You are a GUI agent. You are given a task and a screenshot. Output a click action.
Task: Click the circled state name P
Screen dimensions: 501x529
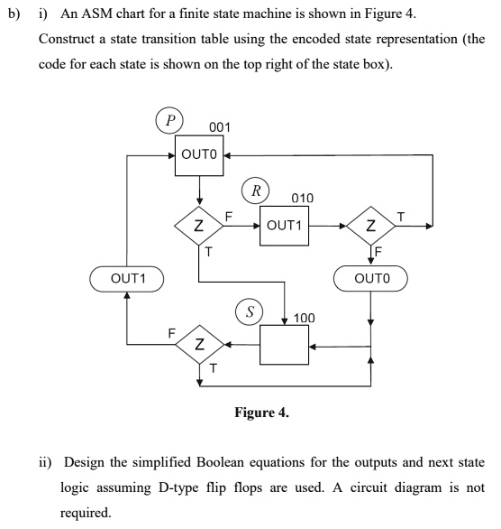[169, 120]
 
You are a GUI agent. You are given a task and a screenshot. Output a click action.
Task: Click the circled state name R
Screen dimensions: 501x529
[256, 190]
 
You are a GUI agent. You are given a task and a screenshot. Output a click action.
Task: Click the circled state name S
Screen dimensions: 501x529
[250, 311]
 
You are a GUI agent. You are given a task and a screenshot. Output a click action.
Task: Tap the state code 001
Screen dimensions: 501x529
[220, 127]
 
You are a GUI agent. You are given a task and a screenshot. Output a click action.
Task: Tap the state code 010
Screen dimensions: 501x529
[303, 198]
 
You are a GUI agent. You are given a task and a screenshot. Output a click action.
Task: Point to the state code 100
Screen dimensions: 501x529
[304, 318]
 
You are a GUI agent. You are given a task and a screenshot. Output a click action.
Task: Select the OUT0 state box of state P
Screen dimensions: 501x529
[199, 155]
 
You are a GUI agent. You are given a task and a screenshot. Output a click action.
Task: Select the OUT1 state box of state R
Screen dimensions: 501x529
[284, 226]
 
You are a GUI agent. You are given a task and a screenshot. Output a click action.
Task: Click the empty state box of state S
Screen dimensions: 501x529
[284, 345]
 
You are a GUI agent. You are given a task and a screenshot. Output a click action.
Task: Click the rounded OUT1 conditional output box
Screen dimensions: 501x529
[126, 279]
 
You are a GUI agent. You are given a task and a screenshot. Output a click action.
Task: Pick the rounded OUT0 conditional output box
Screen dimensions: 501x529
[370, 278]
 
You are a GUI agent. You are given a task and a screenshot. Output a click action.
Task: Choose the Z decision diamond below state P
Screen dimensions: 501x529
[199, 226]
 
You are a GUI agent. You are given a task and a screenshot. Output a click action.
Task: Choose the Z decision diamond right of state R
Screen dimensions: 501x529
[370, 226]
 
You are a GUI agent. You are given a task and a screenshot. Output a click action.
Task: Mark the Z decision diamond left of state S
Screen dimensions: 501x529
[200, 345]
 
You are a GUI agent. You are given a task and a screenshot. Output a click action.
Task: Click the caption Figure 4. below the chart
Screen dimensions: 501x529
[261, 413]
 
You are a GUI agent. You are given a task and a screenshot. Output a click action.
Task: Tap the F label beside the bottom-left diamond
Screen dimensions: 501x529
[172, 333]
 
